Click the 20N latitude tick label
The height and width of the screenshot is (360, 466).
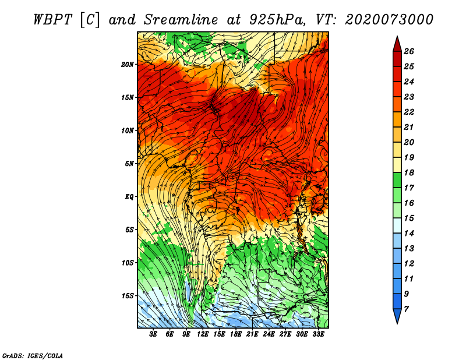(128, 65)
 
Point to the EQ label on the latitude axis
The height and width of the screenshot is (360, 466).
(129, 197)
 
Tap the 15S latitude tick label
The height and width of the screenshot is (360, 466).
(128, 296)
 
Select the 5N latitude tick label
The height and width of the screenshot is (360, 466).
(129, 164)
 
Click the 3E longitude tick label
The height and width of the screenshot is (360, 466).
(153, 334)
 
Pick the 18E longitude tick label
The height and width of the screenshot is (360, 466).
(235, 334)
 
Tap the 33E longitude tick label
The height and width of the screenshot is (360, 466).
(318, 334)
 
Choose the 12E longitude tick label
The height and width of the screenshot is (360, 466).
(202, 334)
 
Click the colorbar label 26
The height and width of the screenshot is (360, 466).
(409, 51)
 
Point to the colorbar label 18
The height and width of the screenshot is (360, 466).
(409, 172)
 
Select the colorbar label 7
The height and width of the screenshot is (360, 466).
(406, 309)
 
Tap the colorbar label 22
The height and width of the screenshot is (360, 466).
(409, 112)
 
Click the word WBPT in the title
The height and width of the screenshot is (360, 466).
(52, 20)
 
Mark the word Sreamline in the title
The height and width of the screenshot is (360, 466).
(181, 20)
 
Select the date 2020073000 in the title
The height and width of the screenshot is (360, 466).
(389, 20)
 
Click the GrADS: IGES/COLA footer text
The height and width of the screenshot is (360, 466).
(33, 356)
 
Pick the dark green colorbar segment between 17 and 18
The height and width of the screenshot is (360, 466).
(397, 180)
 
